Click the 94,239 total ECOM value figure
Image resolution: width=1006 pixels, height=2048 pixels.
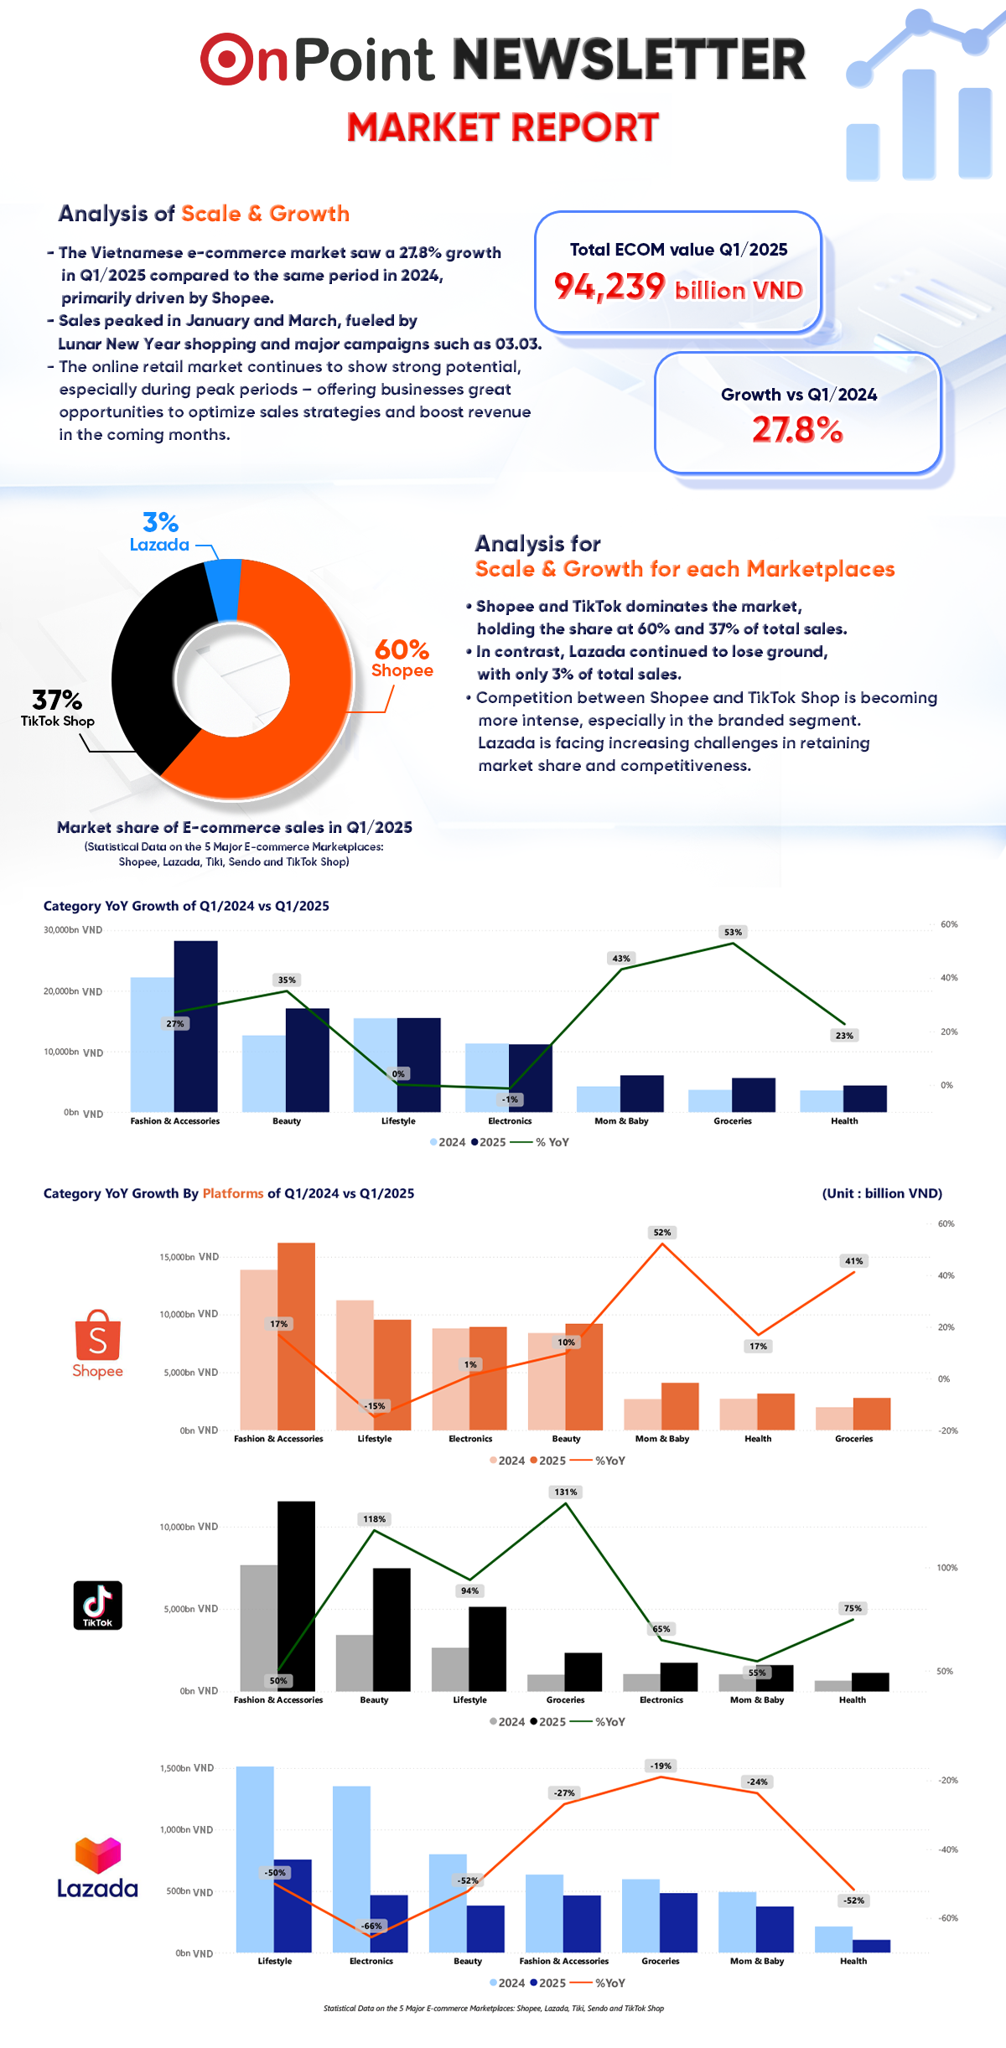(609, 287)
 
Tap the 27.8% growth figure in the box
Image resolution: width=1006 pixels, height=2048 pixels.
(796, 430)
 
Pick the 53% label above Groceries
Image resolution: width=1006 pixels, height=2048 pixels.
(733, 932)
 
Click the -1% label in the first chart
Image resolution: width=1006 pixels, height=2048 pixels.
(510, 1099)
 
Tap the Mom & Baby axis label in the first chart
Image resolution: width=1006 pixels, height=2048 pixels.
(621, 1121)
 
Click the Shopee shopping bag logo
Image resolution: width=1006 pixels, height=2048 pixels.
(98, 1336)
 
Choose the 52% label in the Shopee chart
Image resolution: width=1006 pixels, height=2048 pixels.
(662, 1233)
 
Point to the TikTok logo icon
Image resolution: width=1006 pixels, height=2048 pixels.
(98, 1605)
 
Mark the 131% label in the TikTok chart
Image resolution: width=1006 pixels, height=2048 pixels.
(566, 1492)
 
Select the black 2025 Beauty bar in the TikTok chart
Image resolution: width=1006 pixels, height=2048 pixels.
(392, 1630)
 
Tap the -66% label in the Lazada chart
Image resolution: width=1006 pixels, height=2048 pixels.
(371, 1926)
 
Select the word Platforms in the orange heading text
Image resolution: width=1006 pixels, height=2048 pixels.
(233, 1193)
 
